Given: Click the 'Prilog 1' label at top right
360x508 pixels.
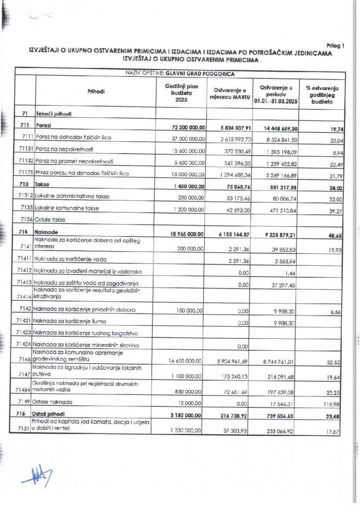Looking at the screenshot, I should click(336, 46).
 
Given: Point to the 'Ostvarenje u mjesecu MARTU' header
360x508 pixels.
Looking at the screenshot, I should click(228, 93).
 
